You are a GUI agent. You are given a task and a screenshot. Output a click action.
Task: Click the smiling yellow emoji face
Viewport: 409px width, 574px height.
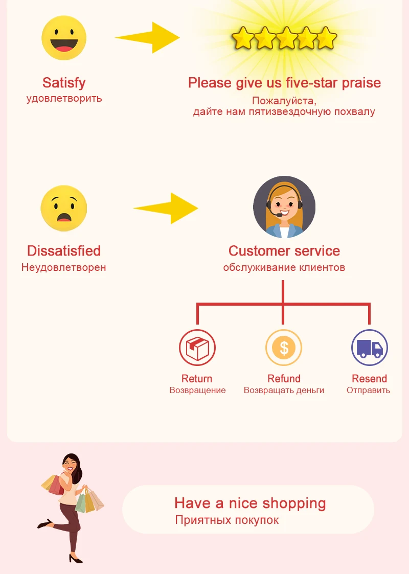(64, 38)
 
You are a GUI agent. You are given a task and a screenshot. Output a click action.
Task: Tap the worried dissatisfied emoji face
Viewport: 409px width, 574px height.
(64, 208)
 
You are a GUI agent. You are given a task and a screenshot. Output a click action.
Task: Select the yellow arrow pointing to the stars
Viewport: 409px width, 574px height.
(148, 37)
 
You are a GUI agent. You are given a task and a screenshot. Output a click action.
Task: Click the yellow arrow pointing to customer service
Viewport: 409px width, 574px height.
(167, 208)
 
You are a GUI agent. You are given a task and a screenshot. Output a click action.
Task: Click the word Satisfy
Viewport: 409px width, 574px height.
(64, 83)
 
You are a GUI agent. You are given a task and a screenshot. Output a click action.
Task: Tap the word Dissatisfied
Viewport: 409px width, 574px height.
(64, 251)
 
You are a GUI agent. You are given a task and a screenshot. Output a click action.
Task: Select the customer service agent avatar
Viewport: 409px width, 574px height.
(284, 207)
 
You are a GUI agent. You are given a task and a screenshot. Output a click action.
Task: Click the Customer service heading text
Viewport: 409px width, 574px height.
(284, 251)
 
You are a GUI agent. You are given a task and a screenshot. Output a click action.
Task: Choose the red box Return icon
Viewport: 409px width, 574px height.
(197, 348)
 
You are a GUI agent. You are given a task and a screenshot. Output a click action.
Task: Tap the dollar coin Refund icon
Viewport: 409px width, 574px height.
(284, 348)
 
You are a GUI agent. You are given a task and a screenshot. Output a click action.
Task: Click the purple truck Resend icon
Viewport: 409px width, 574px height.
(369, 348)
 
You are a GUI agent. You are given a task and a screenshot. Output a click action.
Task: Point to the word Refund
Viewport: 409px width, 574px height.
(284, 379)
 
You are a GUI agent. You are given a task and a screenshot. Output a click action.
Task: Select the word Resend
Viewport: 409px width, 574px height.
(369, 379)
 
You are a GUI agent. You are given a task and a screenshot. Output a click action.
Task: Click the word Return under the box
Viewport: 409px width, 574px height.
(197, 379)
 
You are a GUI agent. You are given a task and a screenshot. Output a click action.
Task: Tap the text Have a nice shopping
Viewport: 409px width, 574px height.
(250, 503)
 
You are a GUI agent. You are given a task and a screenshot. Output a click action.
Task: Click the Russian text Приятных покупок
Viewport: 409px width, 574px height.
(227, 520)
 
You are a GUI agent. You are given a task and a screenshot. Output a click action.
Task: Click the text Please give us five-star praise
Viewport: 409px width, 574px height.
(284, 83)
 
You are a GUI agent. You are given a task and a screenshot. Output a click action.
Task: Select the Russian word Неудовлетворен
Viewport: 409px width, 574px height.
(64, 267)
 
